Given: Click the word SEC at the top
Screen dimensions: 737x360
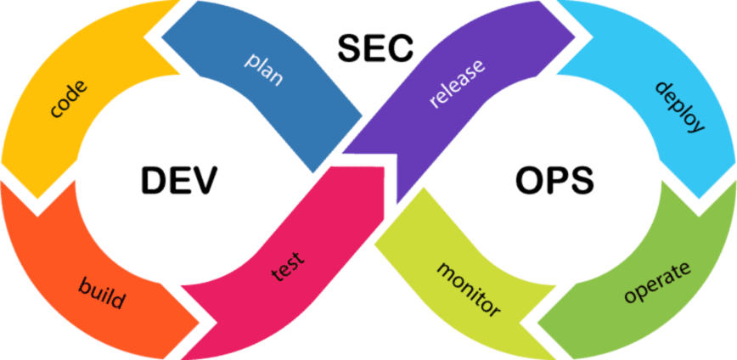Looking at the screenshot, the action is (x=375, y=47).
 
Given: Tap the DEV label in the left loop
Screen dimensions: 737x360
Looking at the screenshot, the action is (x=179, y=180).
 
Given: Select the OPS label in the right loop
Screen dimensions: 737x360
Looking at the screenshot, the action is (x=554, y=180).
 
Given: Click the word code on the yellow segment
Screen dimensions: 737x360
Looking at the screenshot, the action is (x=69, y=99).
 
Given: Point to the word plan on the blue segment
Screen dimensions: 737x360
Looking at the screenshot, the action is (x=265, y=70).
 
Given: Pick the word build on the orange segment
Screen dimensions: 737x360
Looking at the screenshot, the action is (x=102, y=292).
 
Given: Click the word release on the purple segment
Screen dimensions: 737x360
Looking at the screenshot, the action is (x=457, y=83).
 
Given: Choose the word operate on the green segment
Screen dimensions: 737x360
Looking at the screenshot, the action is (x=657, y=282).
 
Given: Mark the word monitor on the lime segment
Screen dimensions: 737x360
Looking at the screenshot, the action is (x=469, y=290).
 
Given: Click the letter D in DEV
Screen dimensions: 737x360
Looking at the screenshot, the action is (x=154, y=180).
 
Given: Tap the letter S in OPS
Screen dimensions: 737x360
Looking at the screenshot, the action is (x=582, y=180).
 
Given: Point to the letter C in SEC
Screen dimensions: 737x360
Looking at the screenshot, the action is (x=400, y=47).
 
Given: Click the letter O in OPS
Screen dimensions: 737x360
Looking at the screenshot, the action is (x=529, y=180).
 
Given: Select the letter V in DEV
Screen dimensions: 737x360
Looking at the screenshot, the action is (x=205, y=180).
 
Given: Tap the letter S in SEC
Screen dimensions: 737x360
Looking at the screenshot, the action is (x=350, y=47).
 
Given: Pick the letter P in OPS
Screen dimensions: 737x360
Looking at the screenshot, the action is (x=556, y=180).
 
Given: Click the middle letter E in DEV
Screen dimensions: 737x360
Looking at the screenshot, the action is (x=179, y=180).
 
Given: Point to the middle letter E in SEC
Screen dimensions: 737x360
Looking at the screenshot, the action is (x=374, y=47).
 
